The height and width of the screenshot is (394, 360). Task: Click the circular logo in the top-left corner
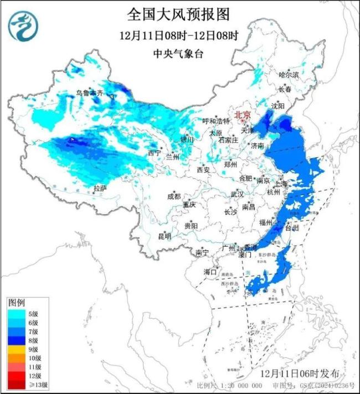[x=23, y=25]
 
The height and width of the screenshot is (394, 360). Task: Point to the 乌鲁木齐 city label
[x=90, y=93]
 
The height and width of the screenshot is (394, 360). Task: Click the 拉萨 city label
[x=100, y=189]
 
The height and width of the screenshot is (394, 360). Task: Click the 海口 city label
[x=210, y=272]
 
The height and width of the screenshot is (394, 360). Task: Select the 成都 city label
[x=174, y=196]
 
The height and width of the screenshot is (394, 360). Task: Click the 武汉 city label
[x=238, y=194]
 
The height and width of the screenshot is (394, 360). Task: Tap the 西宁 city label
[x=155, y=152]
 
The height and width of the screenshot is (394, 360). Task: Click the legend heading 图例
[x=16, y=303]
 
